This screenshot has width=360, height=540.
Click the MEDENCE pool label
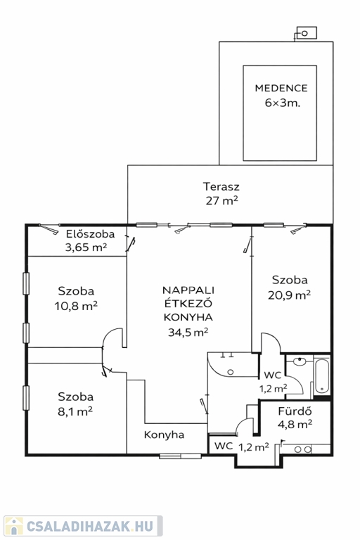(281, 88)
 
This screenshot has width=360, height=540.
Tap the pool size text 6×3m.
(283, 103)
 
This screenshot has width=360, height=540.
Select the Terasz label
(221, 186)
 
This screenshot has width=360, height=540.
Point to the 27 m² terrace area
(222, 200)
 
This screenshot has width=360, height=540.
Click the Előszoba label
(90, 234)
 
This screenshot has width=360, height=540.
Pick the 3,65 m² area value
(86, 247)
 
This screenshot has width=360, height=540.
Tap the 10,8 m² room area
(76, 305)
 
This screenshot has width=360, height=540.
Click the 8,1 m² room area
(75, 411)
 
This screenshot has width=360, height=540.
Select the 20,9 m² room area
(290, 295)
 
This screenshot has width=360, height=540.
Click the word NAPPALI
(188, 290)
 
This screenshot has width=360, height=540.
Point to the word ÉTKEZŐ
(188, 303)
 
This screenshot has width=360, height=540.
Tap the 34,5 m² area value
(188, 332)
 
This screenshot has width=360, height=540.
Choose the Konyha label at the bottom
(164, 435)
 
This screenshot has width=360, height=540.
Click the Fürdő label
(295, 411)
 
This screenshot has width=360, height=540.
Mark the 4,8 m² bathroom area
(295, 424)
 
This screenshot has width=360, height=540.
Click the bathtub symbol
(322, 377)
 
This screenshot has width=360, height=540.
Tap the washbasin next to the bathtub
(300, 361)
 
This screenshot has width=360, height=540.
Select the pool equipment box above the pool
(307, 33)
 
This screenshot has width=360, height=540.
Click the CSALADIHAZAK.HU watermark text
(90, 526)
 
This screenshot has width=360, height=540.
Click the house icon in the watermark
(14, 526)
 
